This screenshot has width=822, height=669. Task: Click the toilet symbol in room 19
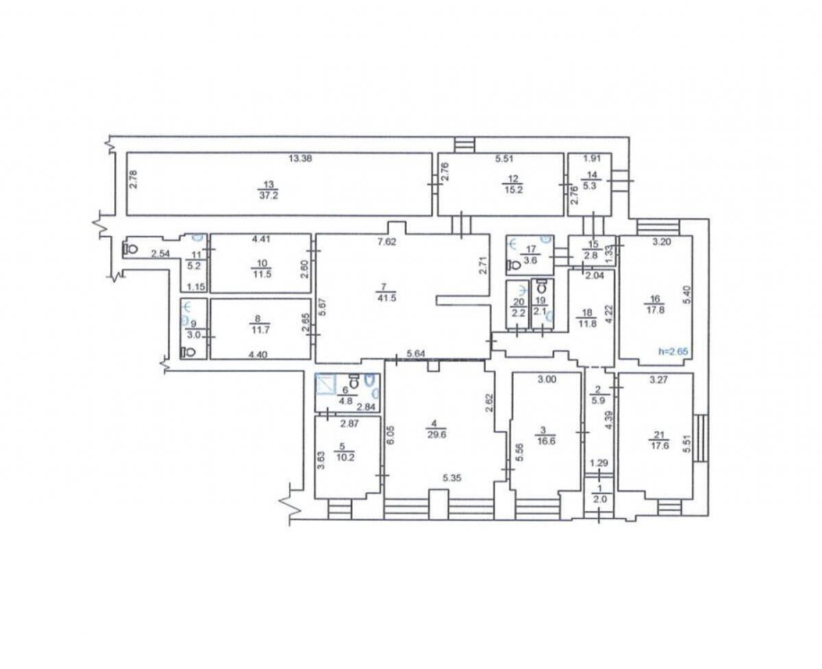pyautogui.click(x=541, y=284)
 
